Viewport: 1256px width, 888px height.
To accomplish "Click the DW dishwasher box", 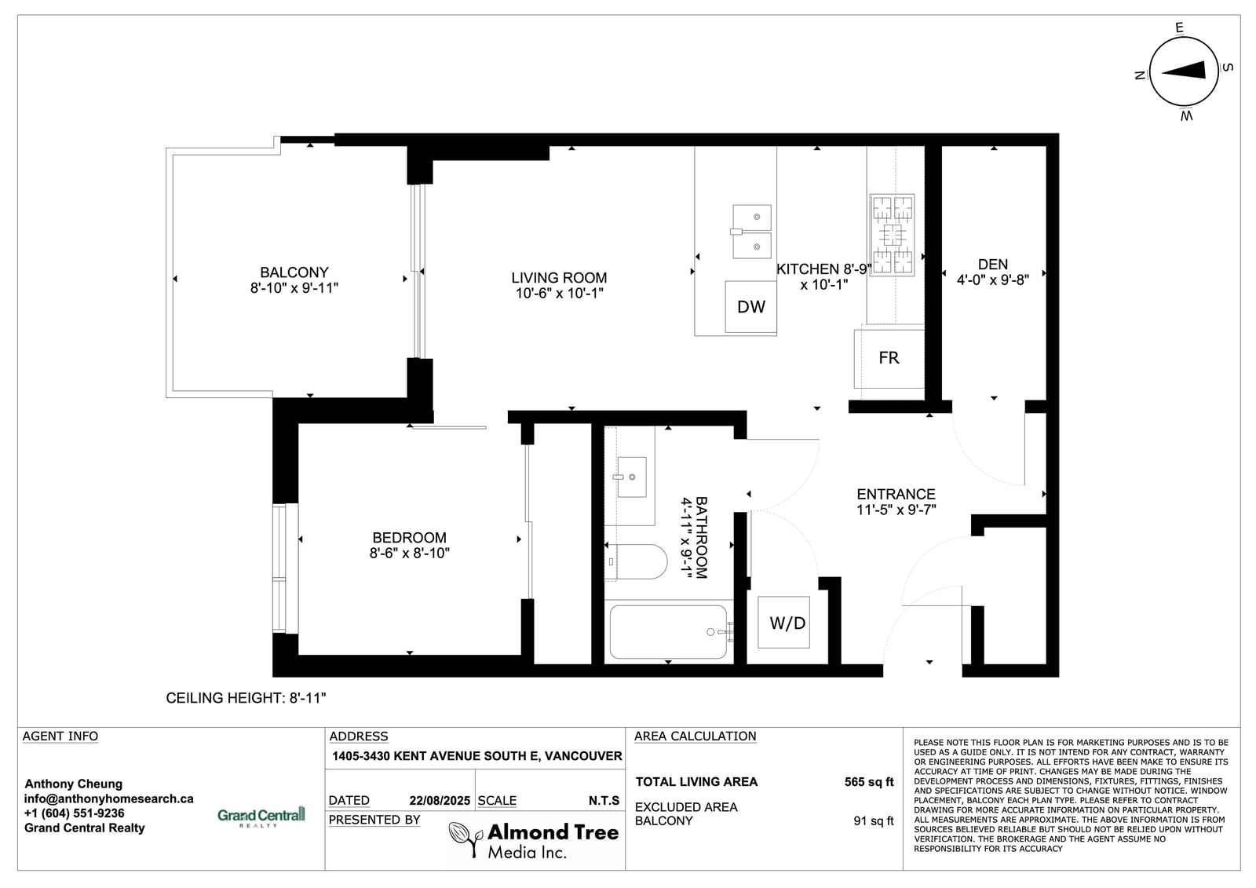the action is pyautogui.click(x=750, y=307).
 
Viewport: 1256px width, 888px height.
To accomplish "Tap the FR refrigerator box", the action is pyautogui.click(x=889, y=359).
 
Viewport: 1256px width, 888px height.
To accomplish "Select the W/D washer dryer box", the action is pyautogui.click(x=783, y=622).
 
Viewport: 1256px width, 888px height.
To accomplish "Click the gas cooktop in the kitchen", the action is pyautogui.click(x=892, y=235).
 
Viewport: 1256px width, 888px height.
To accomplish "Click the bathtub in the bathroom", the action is pyautogui.click(x=671, y=631).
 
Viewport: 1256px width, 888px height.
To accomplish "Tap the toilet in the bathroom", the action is pyautogui.click(x=637, y=561).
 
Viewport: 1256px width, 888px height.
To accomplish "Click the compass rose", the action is pyautogui.click(x=1183, y=71).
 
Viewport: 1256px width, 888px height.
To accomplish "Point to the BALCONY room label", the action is pyautogui.click(x=294, y=272).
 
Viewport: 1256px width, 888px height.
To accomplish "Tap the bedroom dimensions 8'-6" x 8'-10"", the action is pyautogui.click(x=409, y=553).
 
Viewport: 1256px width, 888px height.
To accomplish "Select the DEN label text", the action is pyautogui.click(x=992, y=265).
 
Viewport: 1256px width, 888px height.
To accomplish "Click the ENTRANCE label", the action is pyautogui.click(x=896, y=494).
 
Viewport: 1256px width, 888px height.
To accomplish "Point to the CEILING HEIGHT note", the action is pyautogui.click(x=246, y=698).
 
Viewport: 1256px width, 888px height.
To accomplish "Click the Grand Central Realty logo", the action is pyautogui.click(x=261, y=817).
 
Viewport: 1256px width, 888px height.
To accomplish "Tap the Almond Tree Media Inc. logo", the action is pyautogui.click(x=534, y=840).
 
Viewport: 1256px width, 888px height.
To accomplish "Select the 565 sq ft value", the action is pyautogui.click(x=868, y=782).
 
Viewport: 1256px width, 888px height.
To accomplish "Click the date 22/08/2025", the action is pyautogui.click(x=440, y=801).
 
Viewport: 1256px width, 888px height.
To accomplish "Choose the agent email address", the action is pyautogui.click(x=109, y=798).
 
